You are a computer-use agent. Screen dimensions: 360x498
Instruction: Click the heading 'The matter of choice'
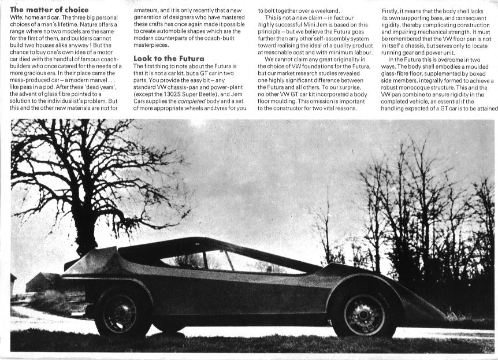50,10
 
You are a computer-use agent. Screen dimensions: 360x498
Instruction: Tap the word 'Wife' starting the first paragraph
17,18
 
